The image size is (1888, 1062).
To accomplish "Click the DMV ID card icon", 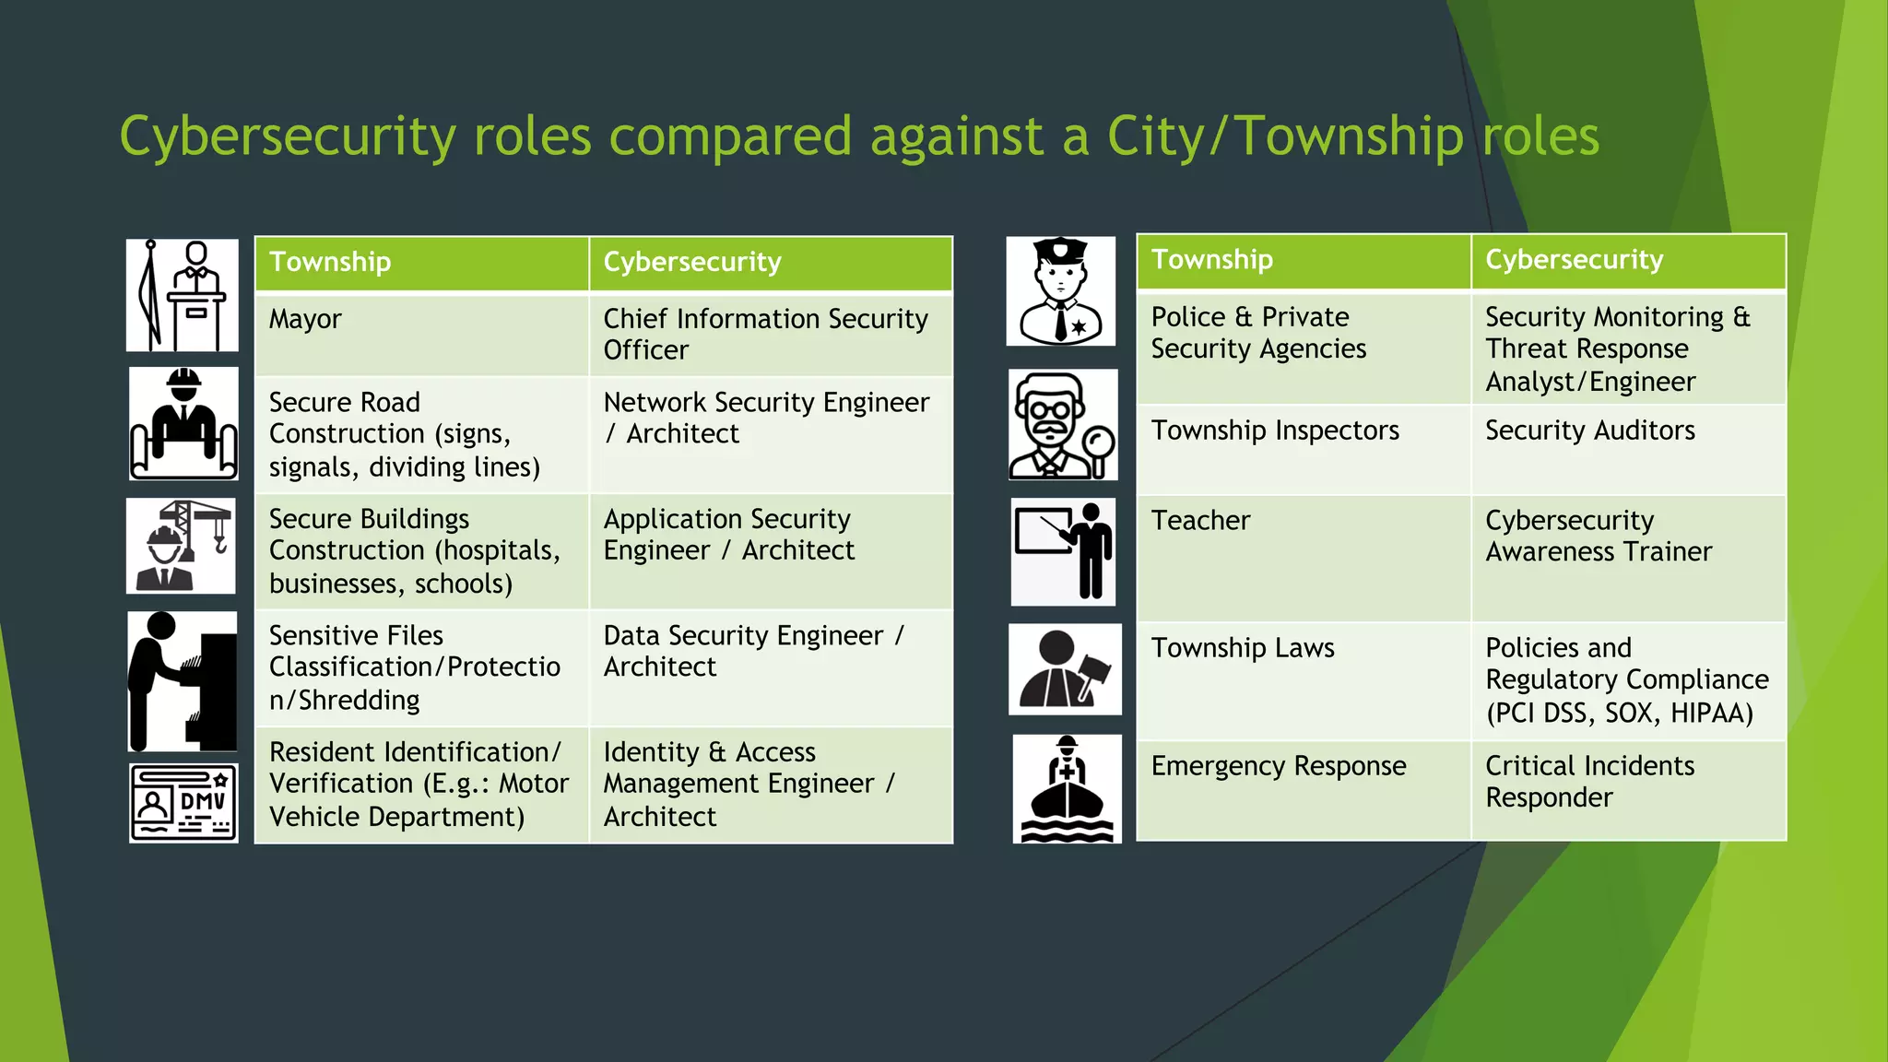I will pyautogui.click(x=183, y=802).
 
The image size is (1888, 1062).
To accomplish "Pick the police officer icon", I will pyautogui.click(x=1061, y=291).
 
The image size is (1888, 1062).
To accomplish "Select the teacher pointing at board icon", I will pyautogui.click(x=1064, y=552).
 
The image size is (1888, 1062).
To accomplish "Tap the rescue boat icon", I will pyautogui.click(x=1068, y=789).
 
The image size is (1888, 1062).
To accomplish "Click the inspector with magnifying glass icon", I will pyautogui.click(x=1063, y=425).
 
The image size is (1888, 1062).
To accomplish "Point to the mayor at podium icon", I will pyautogui.click(x=183, y=295).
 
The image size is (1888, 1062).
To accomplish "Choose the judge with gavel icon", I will pyautogui.click(x=1065, y=669).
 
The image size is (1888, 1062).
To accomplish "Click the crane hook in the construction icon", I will pyautogui.click(x=220, y=543).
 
